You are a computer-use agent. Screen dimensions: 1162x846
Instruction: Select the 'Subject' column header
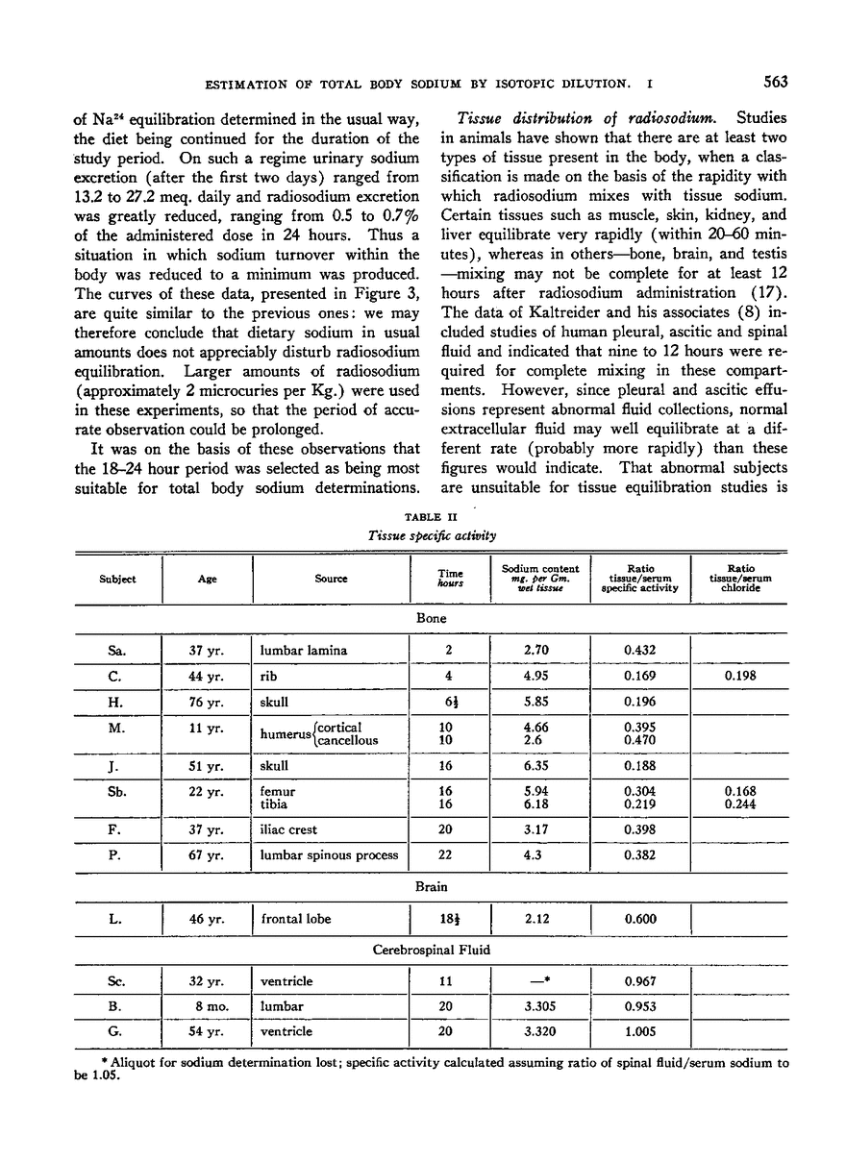coord(116,579)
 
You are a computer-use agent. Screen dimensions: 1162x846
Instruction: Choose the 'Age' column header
coord(208,579)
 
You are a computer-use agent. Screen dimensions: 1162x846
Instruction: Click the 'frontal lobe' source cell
coord(295,919)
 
